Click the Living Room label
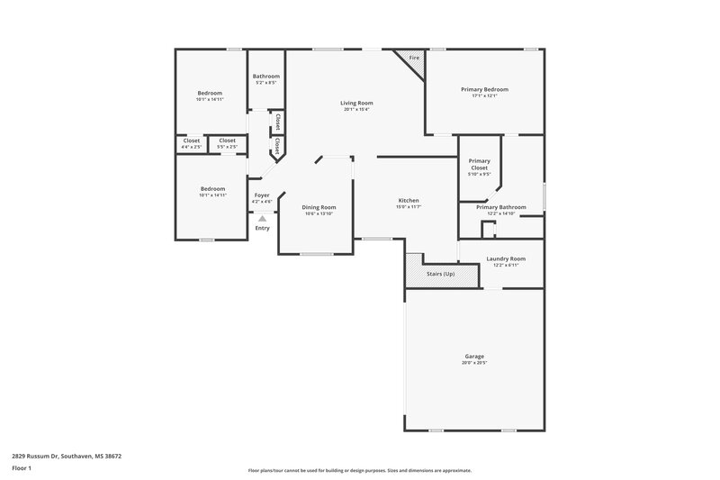(x=356, y=104)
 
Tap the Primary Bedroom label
(x=484, y=90)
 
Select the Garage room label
(x=474, y=356)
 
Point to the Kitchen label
(x=409, y=200)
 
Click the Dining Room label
(x=319, y=207)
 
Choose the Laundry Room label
(x=505, y=258)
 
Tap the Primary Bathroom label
(x=501, y=207)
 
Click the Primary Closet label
(x=480, y=165)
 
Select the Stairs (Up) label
(x=440, y=273)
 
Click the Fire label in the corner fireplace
(x=414, y=59)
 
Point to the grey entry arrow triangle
(x=262, y=218)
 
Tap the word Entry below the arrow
(x=262, y=228)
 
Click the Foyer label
(x=262, y=195)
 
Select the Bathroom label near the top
(x=266, y=77)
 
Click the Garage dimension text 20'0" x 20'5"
(x=474, y=362)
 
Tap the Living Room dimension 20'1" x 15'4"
(x=356, y=110)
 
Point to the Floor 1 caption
(x=22, y=469)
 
